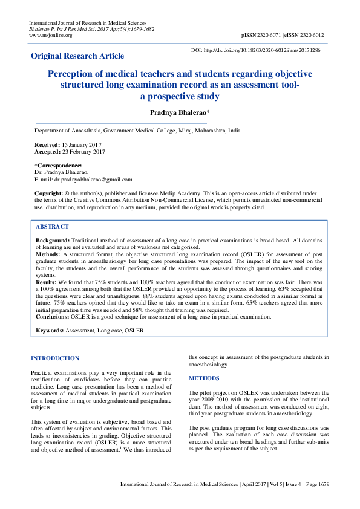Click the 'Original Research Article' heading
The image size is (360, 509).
point(77,56)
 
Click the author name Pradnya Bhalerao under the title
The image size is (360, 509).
point(180,113)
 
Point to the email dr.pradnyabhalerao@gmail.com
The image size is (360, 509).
point(93,179)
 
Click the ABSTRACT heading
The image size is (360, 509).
point(53,226)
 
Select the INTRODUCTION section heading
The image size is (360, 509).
point(55,358)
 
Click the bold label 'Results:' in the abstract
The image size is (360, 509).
point(47,282)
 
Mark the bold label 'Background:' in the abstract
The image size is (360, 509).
point(53,240)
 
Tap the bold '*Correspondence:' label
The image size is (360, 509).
point(58,166)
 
